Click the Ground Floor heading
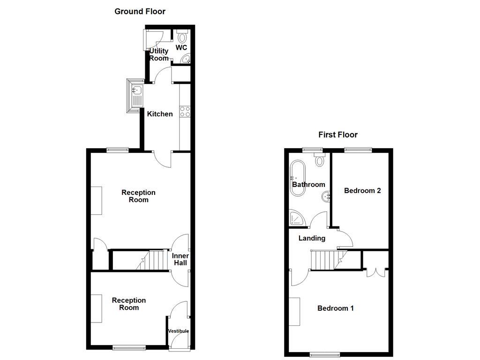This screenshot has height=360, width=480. point(140,11)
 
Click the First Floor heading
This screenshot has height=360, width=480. point(337,135)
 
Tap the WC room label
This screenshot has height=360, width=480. point(181,48)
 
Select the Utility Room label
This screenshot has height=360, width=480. point(159,54)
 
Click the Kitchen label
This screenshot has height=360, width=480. point(160,114)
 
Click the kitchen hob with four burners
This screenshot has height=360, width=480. point(184,112)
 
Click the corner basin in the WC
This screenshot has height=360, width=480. point(186,60)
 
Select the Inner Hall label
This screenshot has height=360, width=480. point(180,259)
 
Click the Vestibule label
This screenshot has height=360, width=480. point(179,331)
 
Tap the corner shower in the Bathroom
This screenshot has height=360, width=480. point(296,218)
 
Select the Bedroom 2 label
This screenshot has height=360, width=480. point(362,190)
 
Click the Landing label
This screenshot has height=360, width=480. point(312,238)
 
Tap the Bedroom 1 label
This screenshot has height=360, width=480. point(336,308)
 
